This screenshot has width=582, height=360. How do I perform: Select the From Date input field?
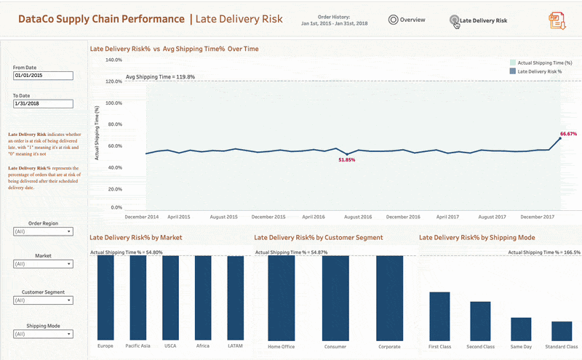point(43,76)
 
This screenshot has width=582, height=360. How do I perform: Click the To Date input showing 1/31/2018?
point(43,103)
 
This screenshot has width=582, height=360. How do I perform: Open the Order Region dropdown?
point(43,232)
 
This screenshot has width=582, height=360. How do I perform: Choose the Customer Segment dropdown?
point(43,300)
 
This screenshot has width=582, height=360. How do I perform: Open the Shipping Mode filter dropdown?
point(43,335)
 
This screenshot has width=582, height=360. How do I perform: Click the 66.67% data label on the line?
point(568,134)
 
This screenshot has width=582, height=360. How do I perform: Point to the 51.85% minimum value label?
point(347,159)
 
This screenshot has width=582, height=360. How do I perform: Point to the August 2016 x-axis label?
point(358,217)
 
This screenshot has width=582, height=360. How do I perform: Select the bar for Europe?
point(105,297)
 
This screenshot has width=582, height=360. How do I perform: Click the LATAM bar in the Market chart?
point(236,297)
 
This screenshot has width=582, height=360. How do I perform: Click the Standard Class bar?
point(562,331)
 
